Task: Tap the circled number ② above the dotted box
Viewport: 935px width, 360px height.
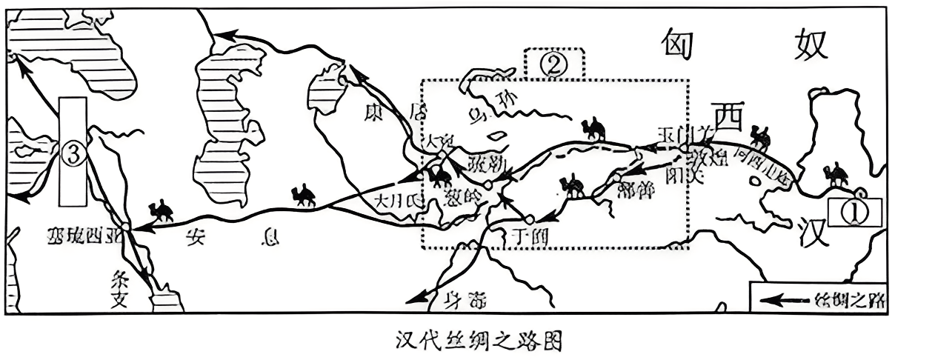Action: pyautogui.click(x=554, y=64)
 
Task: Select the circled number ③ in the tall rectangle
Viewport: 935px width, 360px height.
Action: pyautogui.click(x=73, y=153)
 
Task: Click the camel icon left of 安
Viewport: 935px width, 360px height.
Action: pyautogui.click(x=161, y=210)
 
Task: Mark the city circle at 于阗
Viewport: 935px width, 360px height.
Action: pyautogui.click(x=529, y=220)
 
